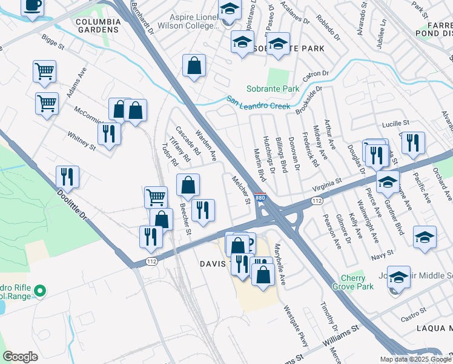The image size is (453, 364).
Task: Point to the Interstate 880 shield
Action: pyautogui.click(x=260, y=198)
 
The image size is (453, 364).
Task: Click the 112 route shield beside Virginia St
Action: pyautogui.click(x=317, y=200)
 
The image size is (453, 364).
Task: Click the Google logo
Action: pyautogui.click(x=20, y=357)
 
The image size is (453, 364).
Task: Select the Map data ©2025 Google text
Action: pyautogui.click(x=415, y=359)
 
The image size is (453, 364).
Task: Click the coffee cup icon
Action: pyautogui.click(x=33, y=6)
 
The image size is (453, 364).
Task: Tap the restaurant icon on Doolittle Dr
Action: pyautogui.click(x=67, y=177)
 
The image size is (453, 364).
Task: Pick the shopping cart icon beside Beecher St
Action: pyautogui.click(x=156, y=197)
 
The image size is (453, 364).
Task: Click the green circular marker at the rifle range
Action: pyautogui.click(x=41, y=292)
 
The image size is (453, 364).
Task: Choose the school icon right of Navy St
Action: pyautogui.click(x=425, y=237)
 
